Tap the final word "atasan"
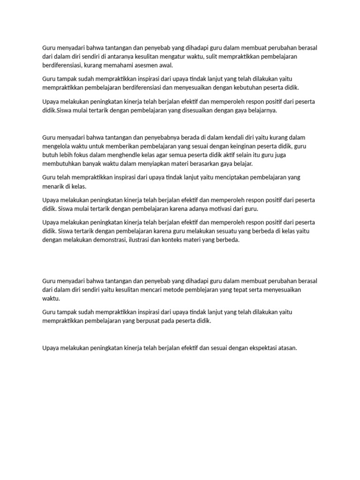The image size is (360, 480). (x=286, y=348)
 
